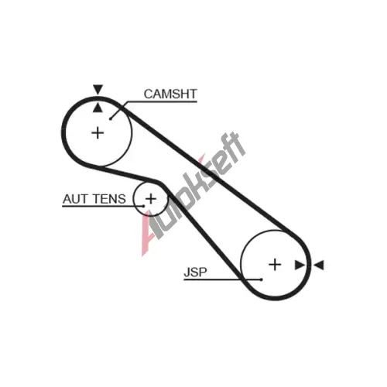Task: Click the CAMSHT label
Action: click(x=170, y=94)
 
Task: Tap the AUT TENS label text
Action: click(x=94, y=199)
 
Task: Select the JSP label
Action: click(x=195, y=272)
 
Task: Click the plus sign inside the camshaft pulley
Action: click(x=98, y=133)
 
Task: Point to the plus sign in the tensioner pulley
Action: click(x=151, y=199)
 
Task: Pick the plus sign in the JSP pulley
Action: click(x=275, y=265)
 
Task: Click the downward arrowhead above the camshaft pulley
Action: click(x=98, y=89)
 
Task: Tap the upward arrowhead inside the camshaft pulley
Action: click(x=98, y=108)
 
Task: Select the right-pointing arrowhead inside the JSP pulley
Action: click(x=300, y=265)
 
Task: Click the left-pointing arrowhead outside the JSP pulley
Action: click(x=319, y=265)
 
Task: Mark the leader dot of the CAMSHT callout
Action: click(x=111, y=118)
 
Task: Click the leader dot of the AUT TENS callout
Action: click(x=143, y=206)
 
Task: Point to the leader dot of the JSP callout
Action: click(x=262, y=279)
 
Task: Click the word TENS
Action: click(x=109, y=199)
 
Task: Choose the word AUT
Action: click(x=75, y=199)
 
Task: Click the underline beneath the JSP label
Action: click(x=222, y=279)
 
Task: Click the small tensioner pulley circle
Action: click(x=134, y=199)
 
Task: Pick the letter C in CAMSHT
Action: click(x=149, y=94)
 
